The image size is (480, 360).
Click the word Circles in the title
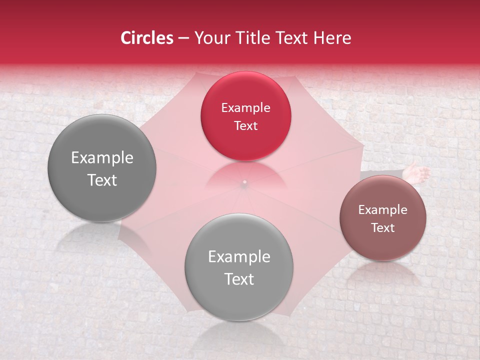pos(146,38)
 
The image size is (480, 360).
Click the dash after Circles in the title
pos(183,38)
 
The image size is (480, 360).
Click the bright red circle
pos(245,116)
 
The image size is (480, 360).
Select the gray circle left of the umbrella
pos(102,168)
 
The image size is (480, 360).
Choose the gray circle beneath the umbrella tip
pos(239,267)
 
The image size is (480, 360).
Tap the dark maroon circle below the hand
pos(383,218)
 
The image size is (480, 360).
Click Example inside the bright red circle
pos(245,107)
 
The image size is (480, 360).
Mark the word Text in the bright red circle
pos(245,125)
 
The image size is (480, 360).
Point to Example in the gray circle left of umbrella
pos(102,158)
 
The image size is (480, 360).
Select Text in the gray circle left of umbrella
pos(102,180)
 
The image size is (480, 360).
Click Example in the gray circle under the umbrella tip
pos(239,257)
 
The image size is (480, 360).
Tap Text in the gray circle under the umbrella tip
pos(239,279)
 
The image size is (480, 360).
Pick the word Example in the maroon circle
pos(383,209)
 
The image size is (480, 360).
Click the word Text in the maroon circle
pos(383,227)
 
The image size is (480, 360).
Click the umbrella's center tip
pos(244,182)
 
